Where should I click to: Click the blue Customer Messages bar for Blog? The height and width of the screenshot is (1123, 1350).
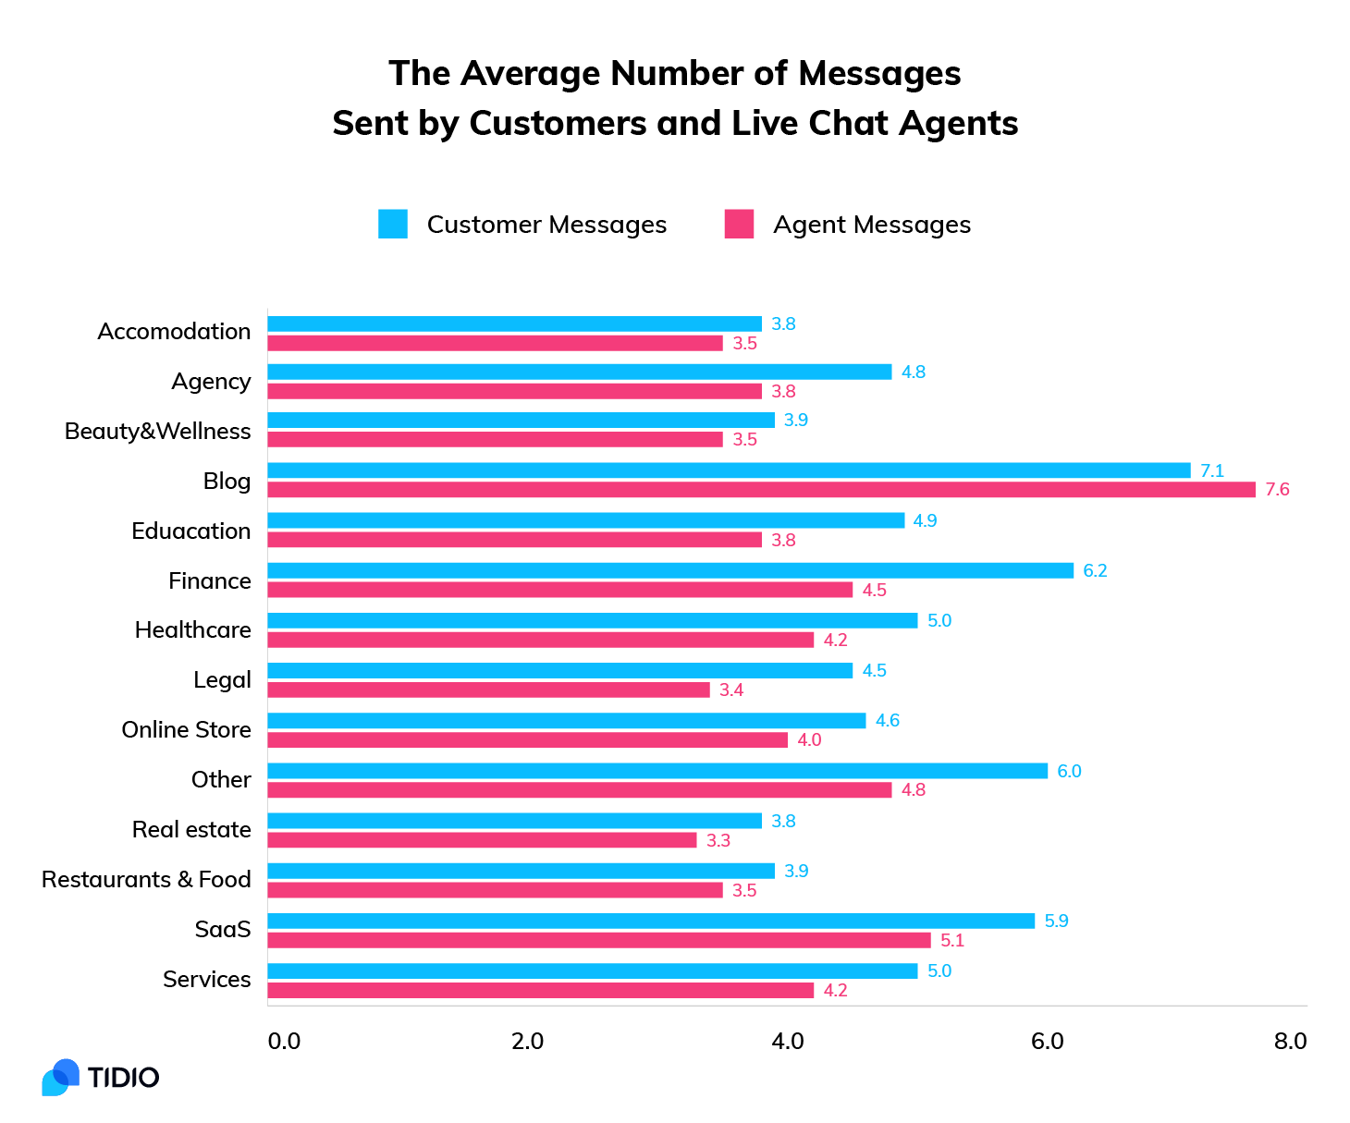pos(729,470)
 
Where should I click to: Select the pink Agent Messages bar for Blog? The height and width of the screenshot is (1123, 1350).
pos(761,490)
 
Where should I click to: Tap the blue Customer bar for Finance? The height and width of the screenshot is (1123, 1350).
pos(670,570)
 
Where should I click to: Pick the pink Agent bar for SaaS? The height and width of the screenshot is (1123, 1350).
pos(599,940)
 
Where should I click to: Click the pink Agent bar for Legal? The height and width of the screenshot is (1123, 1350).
pos(488,690)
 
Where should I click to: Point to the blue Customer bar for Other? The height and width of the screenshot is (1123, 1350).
pos(657,771)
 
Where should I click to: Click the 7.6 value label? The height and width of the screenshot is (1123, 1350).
pos(1277,490)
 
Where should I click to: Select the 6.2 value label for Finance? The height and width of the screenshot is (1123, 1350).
pos(1095,570)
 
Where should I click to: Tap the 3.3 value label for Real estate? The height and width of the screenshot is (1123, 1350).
pos(718,840)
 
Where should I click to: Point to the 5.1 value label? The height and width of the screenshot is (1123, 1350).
pos(952,940)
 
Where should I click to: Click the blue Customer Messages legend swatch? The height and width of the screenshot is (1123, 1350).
pos(393,225)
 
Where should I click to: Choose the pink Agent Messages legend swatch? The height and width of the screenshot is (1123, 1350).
pos(739,225)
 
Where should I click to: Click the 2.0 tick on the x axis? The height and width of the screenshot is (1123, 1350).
pos(527,1042)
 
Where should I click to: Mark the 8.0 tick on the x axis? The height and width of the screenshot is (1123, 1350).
pos(1290,1042)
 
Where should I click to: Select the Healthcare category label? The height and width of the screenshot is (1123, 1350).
pos(192,630)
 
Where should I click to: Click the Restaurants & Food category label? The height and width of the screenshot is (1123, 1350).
pos(146,880)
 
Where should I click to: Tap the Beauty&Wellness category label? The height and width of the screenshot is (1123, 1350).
pos(157,432)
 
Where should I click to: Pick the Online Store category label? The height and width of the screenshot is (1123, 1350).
pos(186,730)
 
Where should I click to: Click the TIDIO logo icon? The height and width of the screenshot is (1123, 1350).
pos(61,1078)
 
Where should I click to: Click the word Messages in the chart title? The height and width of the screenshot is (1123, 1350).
pos(879,74)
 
